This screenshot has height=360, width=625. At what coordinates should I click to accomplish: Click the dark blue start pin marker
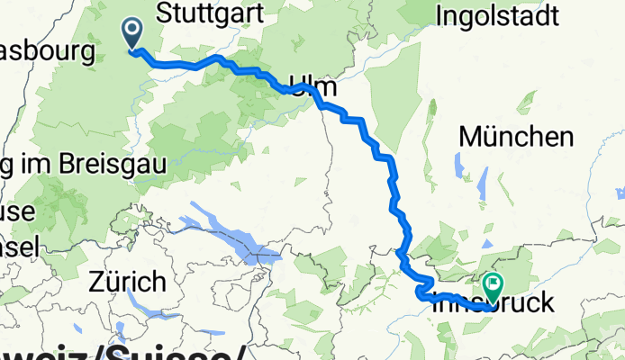132,34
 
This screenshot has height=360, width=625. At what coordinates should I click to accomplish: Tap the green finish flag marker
493,286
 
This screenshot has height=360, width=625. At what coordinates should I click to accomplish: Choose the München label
516,137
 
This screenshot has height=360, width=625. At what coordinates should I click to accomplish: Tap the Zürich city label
127,282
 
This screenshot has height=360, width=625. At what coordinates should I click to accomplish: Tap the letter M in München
470,138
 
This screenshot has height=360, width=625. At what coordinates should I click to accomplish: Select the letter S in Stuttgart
164,13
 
